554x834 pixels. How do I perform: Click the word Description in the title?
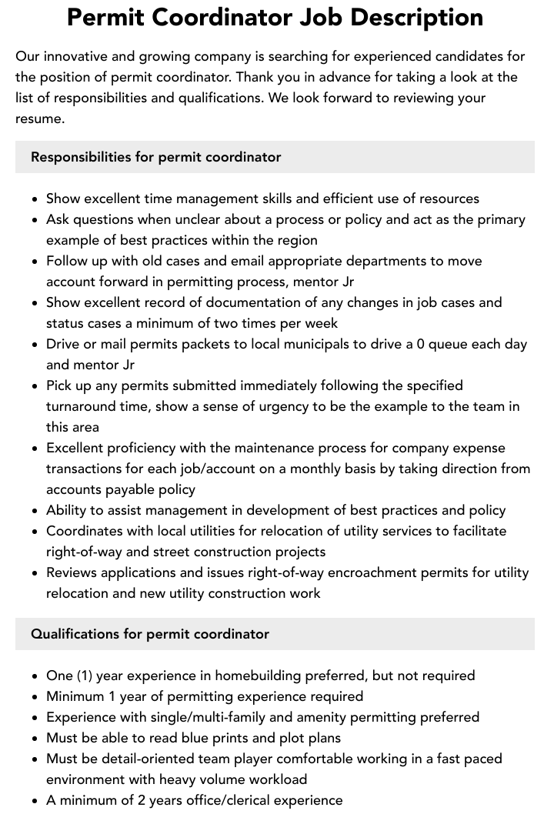point(411,17)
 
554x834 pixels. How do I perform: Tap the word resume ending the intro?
point(38,118)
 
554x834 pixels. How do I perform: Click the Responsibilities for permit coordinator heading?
point(155,157)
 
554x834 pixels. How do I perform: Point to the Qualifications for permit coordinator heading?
point(149,634)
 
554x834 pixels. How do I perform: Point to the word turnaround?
point(85,406)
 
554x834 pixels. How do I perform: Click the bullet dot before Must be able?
point(35,739)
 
